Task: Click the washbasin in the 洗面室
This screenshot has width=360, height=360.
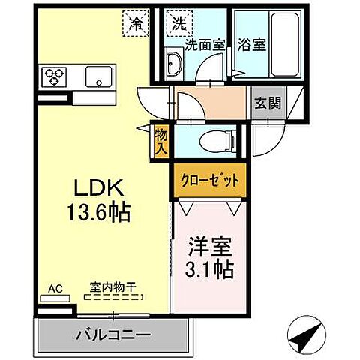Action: click(x=173, y=64)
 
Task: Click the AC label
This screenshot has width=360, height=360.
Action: click(x=54, y=288)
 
